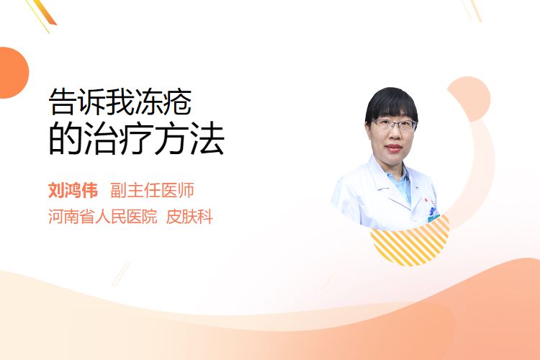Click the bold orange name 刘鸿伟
(x=73, y=190)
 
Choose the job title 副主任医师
(x=152, y=190)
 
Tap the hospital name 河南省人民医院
(x=103, y=217)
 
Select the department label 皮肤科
(x=189, y=217)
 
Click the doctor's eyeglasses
(x=395, y=125)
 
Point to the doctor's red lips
(x=395, y=148)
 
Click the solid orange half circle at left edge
(x=13, y=73)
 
